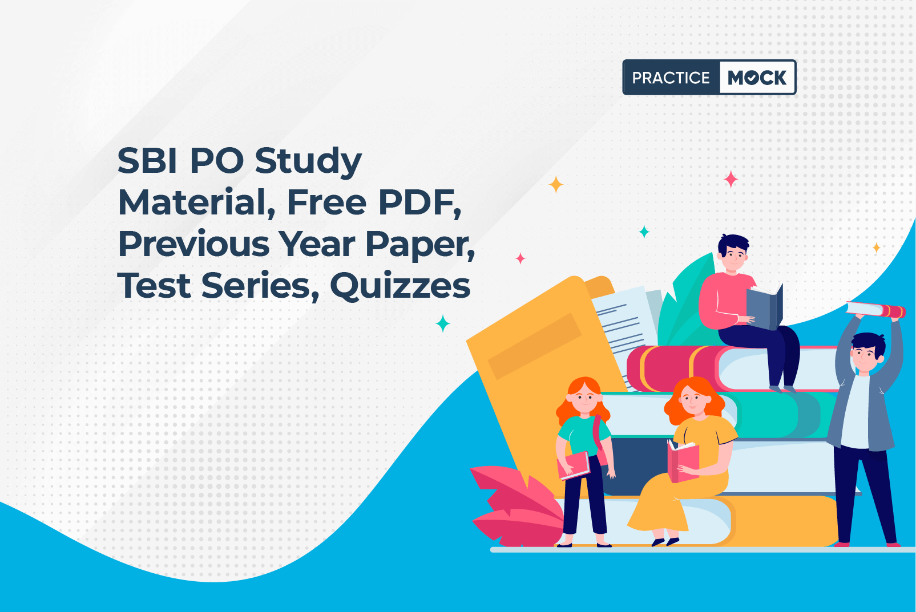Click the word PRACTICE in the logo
671,78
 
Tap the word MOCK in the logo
757,78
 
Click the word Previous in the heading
194,244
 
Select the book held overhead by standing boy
875,310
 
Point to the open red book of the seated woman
683,461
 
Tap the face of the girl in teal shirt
584,398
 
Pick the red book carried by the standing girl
574,465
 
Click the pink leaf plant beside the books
516,506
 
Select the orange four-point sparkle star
556,185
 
